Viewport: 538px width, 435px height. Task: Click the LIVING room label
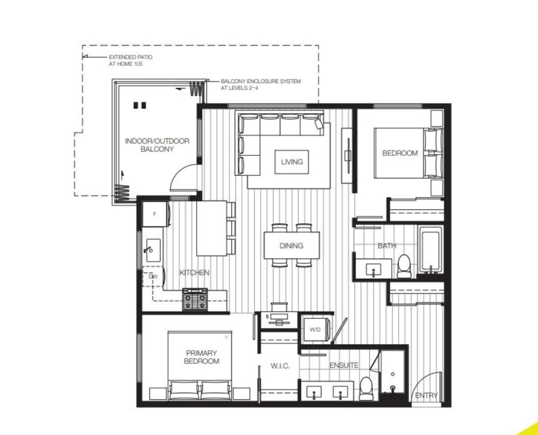pos(292,162)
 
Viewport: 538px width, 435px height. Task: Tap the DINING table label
pos(291,246)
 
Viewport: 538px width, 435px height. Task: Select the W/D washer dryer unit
pos(315,330)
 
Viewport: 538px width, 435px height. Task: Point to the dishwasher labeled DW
pos(153,276)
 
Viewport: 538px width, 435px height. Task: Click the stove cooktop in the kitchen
pos(195,299)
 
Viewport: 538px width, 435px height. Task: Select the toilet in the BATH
pos(404,266)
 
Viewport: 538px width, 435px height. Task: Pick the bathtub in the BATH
pos(431,251)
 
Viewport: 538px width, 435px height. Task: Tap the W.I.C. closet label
pos(280,366)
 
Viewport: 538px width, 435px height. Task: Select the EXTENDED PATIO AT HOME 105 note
pos(130,60)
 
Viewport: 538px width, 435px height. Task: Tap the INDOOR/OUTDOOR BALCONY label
pos(157,145)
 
